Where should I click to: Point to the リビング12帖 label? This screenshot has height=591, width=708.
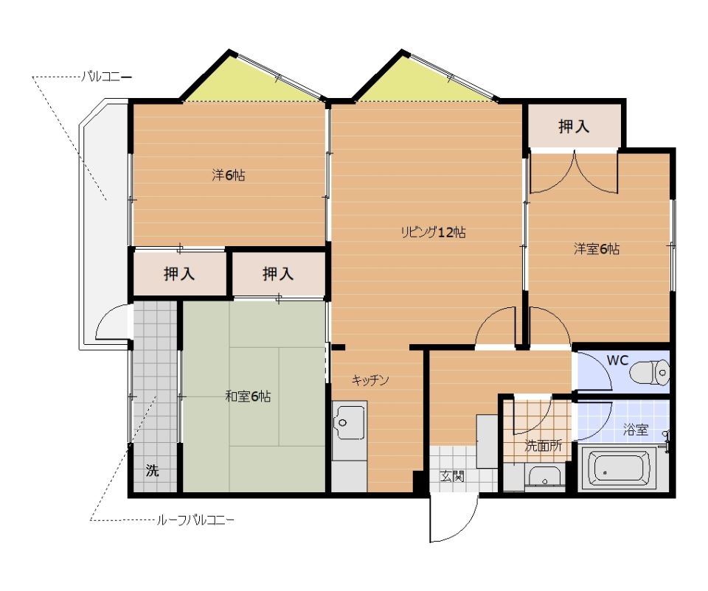pos(433,232)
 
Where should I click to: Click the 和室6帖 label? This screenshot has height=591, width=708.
pos(248,396)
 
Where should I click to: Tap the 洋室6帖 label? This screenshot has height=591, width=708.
pos(597,248)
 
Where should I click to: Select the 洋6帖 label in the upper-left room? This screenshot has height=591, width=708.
pos(229,175)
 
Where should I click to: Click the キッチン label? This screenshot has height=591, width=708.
pos(370,380)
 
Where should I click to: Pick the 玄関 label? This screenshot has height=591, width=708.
pos(452,476)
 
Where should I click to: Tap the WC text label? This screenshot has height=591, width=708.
pos(617,360)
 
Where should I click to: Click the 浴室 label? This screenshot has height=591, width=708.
pos(635,430)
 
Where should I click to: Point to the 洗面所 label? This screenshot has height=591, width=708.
pos(544,446)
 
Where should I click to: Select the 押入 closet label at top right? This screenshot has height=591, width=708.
pos(574,126)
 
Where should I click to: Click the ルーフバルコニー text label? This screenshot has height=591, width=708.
pos(195,520)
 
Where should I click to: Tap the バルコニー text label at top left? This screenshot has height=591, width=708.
pos(106,77)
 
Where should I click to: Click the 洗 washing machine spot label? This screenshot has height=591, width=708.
pos(152,471)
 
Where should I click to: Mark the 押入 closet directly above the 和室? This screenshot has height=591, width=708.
pos(278,273)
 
